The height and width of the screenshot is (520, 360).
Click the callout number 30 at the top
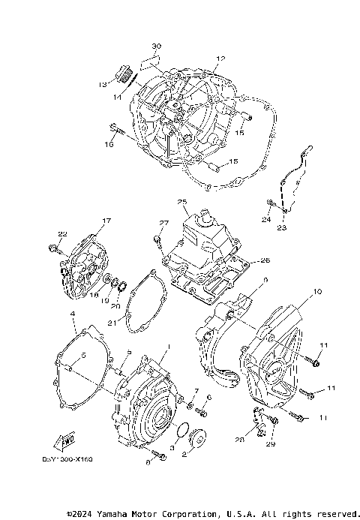(x=157, y=47)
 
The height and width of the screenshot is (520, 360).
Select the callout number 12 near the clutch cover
(x=220, y=59)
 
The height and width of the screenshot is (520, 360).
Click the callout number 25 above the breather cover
(x=181, y=203)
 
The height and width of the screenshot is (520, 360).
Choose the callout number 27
(x=164, y=224)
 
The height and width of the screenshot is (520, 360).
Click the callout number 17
(x=106, y=221)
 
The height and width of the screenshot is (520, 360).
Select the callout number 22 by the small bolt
(x=63, y=235)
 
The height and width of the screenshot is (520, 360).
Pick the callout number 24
(x=265, y=221)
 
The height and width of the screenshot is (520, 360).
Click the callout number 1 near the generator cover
(x=169, y=347)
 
